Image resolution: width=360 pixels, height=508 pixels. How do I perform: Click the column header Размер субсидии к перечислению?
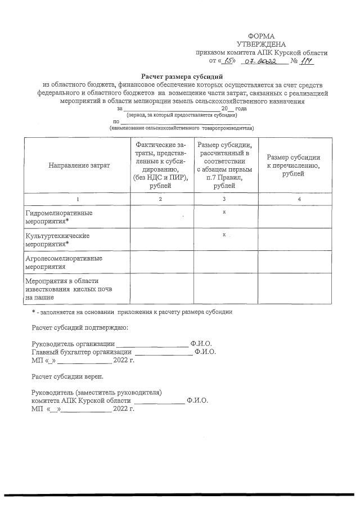[293, 165]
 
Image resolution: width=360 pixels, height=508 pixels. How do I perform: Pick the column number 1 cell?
[78, 199]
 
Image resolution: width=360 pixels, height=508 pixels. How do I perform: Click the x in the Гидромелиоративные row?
[224, 212]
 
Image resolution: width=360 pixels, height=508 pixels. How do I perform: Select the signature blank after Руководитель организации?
[152, 344]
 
